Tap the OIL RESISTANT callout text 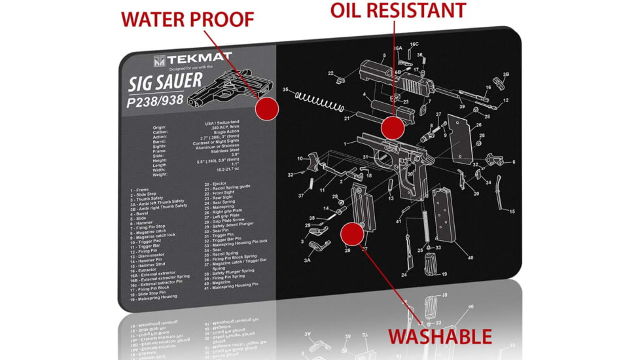tap(398, 10)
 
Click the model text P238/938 tap(156, 102)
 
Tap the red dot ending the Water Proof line tap(266, 109)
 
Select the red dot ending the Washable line tap(352, 232)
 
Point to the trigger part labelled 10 tap(317, 161)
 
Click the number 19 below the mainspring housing tap(444, 274)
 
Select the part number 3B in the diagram tap(506, 74)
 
